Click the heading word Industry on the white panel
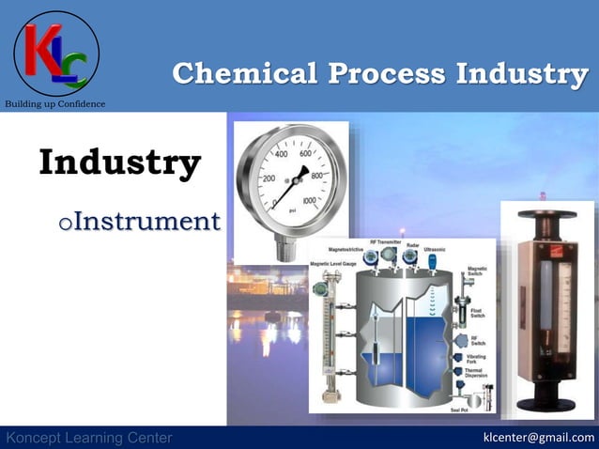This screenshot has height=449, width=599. (119, 162)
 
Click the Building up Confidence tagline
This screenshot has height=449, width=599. (55, 103)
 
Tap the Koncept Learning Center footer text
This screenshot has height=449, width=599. (89, 438)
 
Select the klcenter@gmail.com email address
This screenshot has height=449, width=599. (538, 438)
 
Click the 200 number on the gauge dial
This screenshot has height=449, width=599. (268, 178)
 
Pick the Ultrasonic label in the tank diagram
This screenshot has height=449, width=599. (435, 249)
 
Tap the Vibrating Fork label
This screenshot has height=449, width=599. (477, 358)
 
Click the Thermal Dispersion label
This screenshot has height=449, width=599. (477, 374)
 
